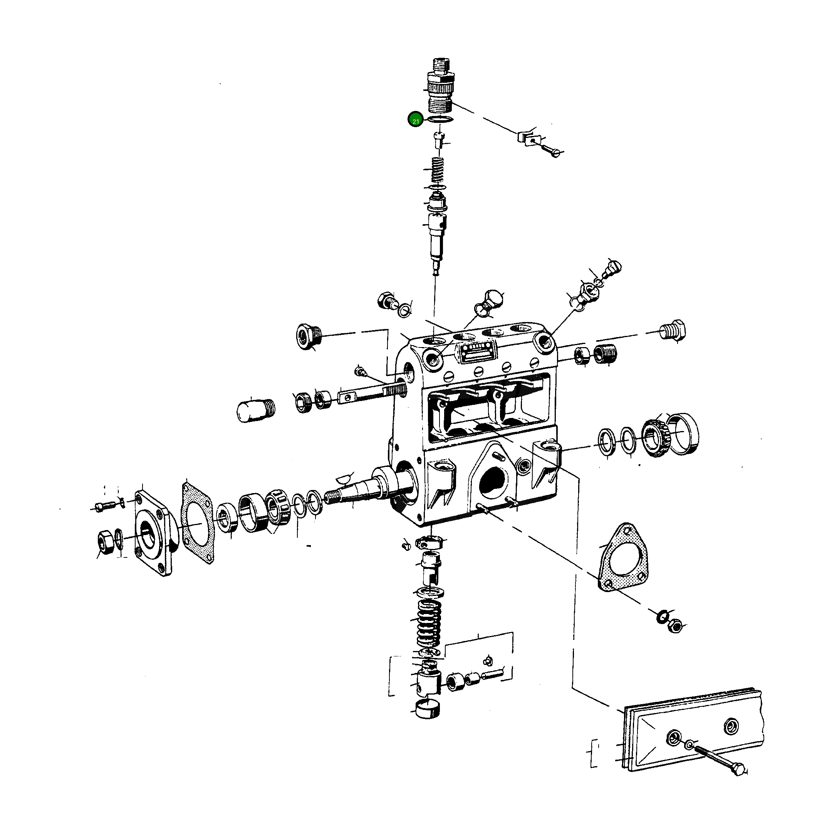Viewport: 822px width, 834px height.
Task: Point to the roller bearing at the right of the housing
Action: pyautogui.click(x=655, y=438)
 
